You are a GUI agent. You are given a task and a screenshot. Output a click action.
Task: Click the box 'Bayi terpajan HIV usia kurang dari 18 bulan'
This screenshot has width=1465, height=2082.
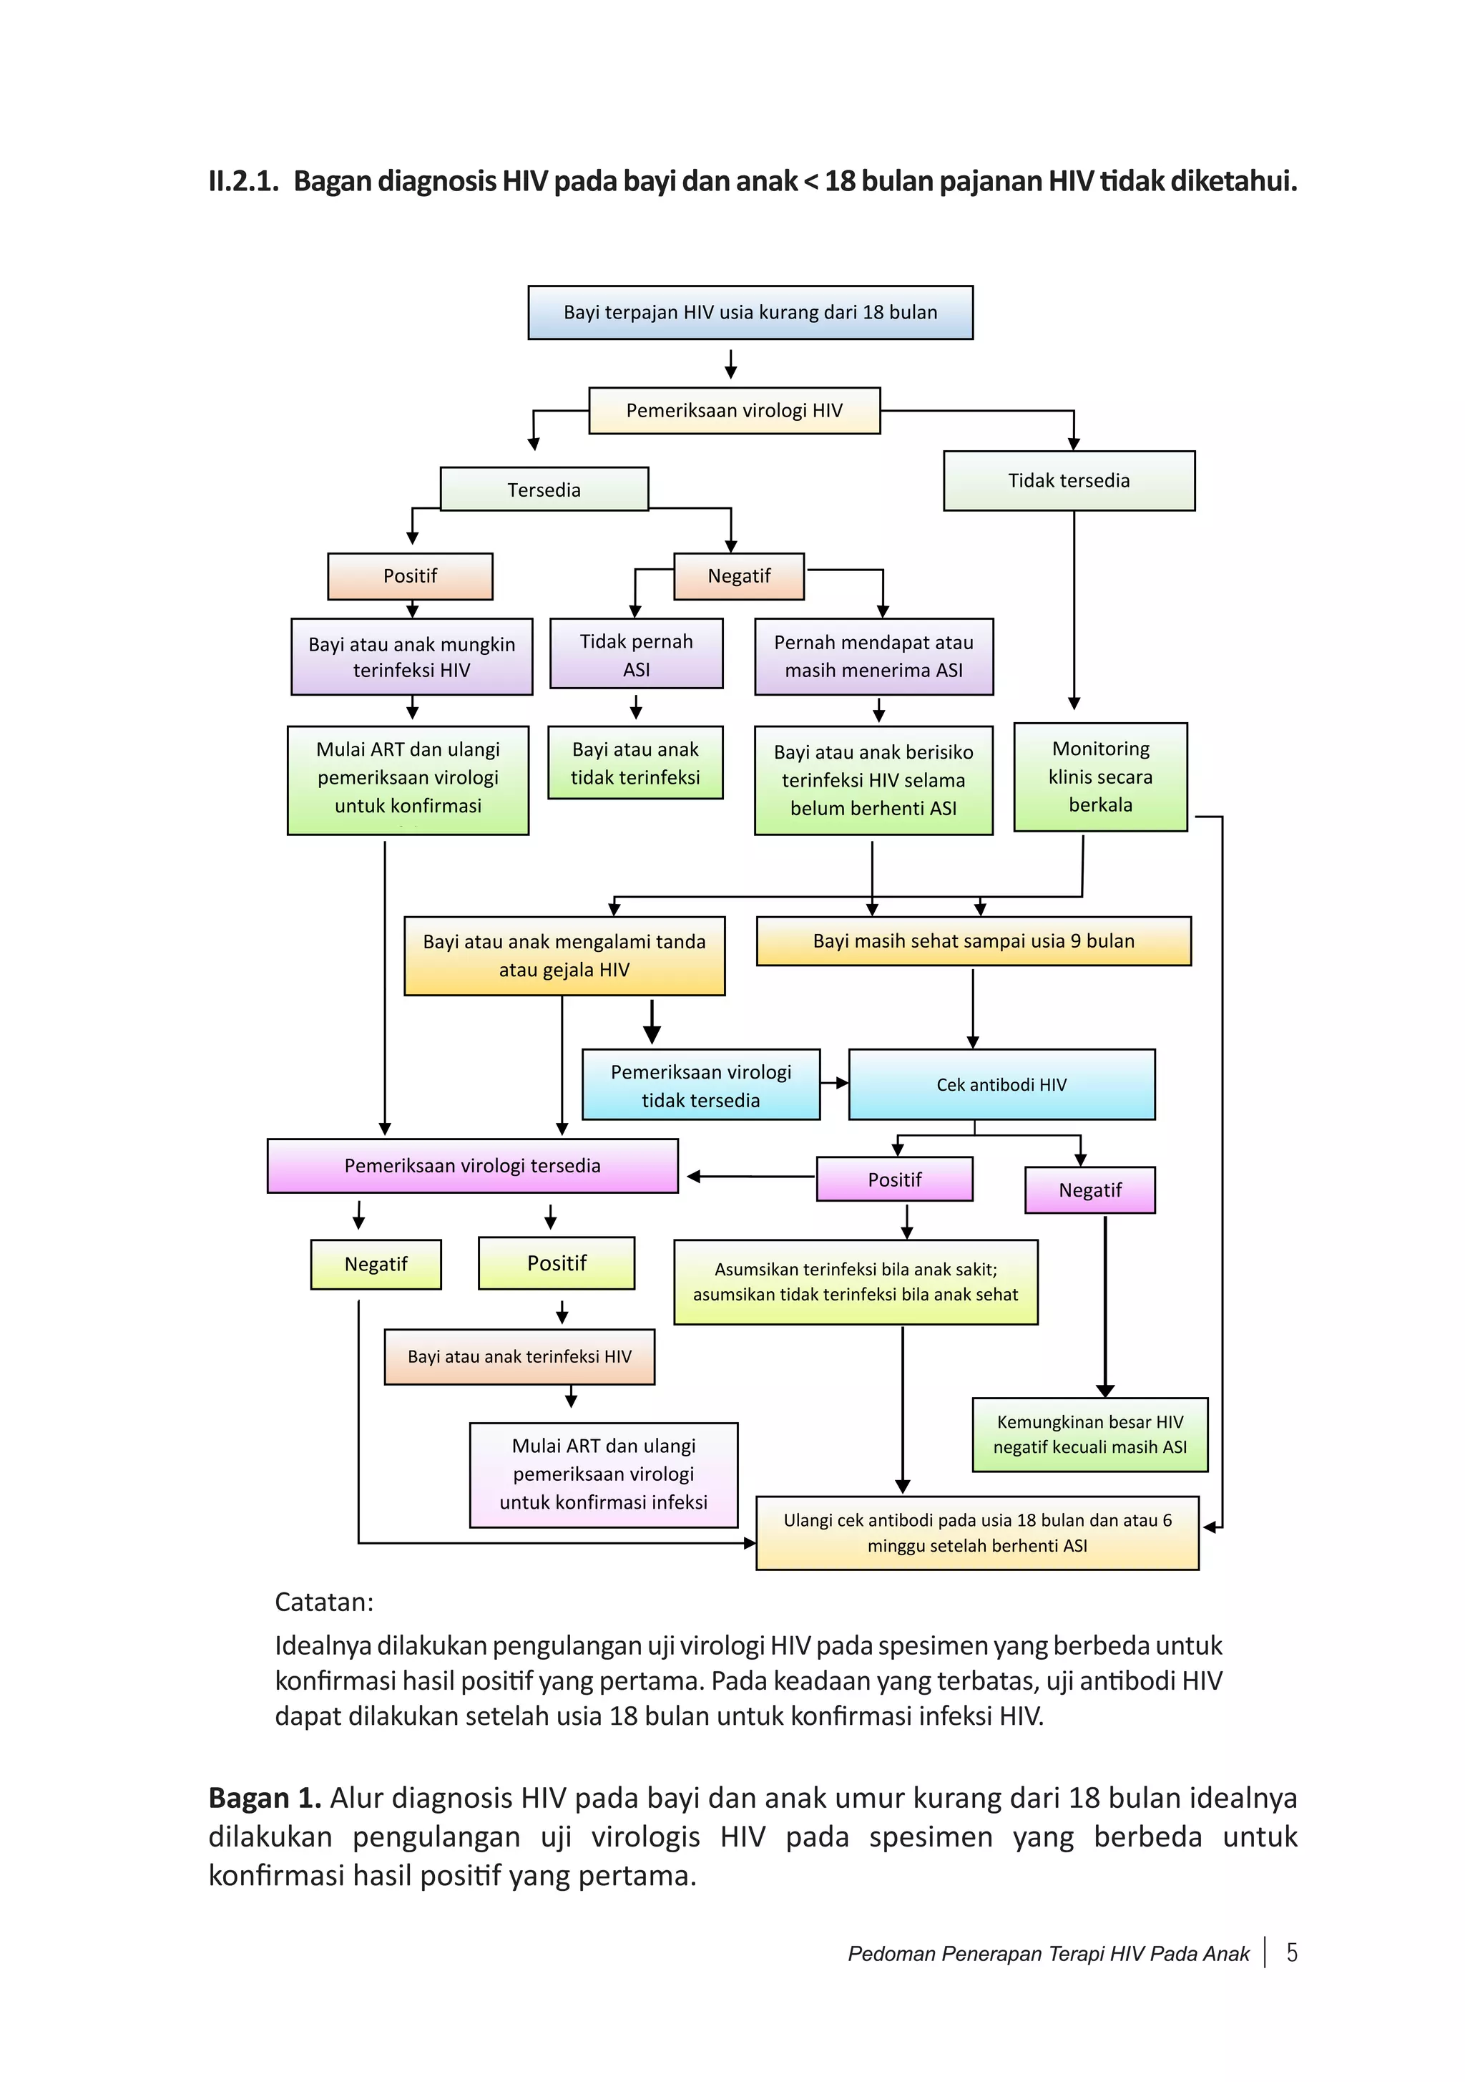click(750, 312)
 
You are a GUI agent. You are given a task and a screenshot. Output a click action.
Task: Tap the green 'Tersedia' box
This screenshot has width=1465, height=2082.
click(543, 490)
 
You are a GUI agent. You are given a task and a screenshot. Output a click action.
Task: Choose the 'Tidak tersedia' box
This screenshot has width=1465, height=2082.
click(1068, 481)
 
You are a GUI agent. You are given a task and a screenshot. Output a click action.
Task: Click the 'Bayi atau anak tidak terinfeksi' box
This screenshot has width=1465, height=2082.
click(634, 763)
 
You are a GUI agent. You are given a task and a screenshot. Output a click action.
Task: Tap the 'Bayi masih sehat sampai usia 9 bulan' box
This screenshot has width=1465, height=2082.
click(973, 941)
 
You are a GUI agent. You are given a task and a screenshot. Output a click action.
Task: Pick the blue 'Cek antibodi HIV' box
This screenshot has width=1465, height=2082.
click(1001, 1084)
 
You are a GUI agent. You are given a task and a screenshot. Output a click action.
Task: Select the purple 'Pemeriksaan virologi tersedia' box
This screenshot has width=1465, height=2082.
click(471, 1165)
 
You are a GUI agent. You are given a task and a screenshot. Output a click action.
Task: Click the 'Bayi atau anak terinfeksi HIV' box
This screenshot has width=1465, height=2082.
click(519, 1356)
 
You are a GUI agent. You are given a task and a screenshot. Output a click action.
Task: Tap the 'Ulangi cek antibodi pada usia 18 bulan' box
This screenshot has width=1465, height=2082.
click(976, 1532)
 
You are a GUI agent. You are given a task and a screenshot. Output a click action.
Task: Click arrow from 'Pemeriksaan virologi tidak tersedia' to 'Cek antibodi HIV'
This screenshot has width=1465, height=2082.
click(834, 1083)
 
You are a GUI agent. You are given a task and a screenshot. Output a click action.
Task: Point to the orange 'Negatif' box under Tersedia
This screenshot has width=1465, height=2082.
click(738, 577)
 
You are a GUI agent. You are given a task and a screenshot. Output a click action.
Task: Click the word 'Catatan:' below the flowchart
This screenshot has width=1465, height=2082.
click(323, 1602)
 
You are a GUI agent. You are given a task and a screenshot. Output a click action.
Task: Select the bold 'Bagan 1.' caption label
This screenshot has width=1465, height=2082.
click(264, 1797)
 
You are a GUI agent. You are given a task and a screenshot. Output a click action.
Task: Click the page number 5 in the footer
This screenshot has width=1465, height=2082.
click(1291, 1952)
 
